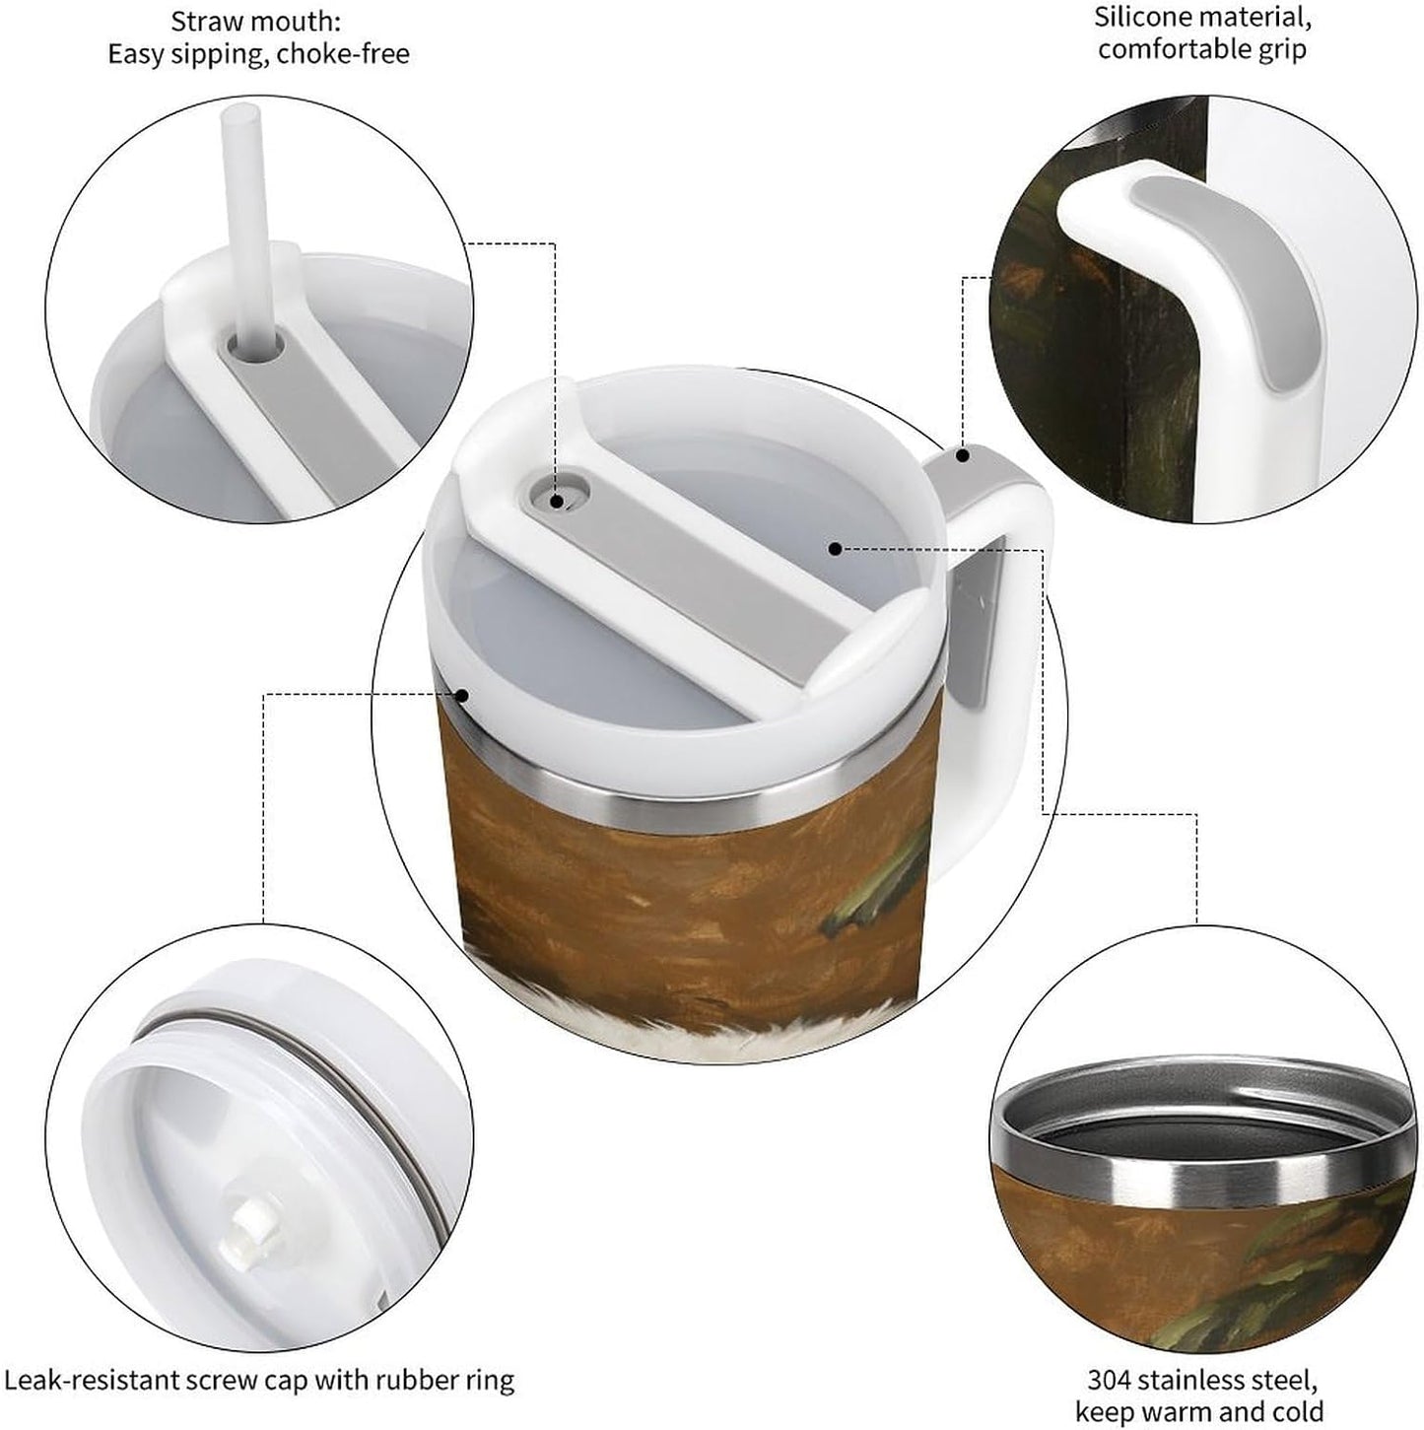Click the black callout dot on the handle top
pos(963,455)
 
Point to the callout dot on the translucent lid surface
pos(835,549)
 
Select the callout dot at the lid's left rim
pos(461,696)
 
